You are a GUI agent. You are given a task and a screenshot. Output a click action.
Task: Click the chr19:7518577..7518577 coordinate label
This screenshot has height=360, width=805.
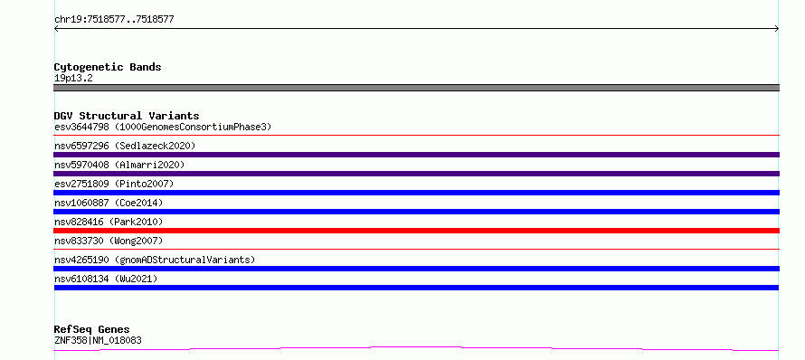pyautogui.click(x=114, y=20)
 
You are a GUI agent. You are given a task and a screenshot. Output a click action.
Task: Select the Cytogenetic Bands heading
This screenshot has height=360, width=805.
pyautogui.click(x=108, y=67)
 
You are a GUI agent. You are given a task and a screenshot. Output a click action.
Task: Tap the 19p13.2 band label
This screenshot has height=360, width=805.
pyautogui.click(x=73, y=78)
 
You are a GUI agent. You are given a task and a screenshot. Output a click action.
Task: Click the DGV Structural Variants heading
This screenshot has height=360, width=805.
pyautogui.click(x=127, y=116)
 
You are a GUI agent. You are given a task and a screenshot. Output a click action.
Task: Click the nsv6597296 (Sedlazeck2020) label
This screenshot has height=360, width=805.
pyautogui.click(x=125, y=146)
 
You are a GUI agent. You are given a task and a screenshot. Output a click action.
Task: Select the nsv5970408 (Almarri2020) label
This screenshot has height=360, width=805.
pyautogui.click(x=119, y=165)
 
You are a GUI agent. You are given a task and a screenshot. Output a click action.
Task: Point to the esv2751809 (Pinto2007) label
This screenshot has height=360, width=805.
pyautogui.click(x=114, y=184)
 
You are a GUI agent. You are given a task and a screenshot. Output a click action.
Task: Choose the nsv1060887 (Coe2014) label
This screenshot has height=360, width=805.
pyautogui.click(x=109, y=203)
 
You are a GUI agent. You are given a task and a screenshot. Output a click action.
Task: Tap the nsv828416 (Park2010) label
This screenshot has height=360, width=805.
pyautogui.click(x=109, y=222)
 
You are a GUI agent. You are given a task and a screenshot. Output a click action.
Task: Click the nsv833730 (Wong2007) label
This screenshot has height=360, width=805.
pyautogui.click(x=109, y=241)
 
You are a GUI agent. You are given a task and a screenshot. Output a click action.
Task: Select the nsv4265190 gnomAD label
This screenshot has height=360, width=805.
pyautogui.click(x=155, y=260)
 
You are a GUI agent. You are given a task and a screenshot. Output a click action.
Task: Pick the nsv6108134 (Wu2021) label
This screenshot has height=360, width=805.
pyautogui.click(x=106, y=279)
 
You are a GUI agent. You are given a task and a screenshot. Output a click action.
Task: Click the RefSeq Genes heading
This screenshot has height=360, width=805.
pyautogui.click(x=91, y=329)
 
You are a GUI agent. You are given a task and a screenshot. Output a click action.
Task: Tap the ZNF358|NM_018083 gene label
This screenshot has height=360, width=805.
pyautogui.click(x=98, y=340)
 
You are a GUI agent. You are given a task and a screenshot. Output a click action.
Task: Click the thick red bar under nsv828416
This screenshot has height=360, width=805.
pyautogui.click(x=416, y=231)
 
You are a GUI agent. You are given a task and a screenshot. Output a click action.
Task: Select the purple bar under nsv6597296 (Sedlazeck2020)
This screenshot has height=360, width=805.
pyautogui.click(x=416, y=155)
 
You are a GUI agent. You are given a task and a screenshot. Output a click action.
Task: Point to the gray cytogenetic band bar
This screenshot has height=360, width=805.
pyautogui.click(x=416, y=88)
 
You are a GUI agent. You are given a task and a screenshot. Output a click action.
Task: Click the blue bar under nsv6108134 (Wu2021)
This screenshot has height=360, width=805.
pyautogui.click(x=416, y=288)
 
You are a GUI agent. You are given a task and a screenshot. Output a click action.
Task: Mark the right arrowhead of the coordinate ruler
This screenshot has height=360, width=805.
pyautogui.click(x=778, y=29)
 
